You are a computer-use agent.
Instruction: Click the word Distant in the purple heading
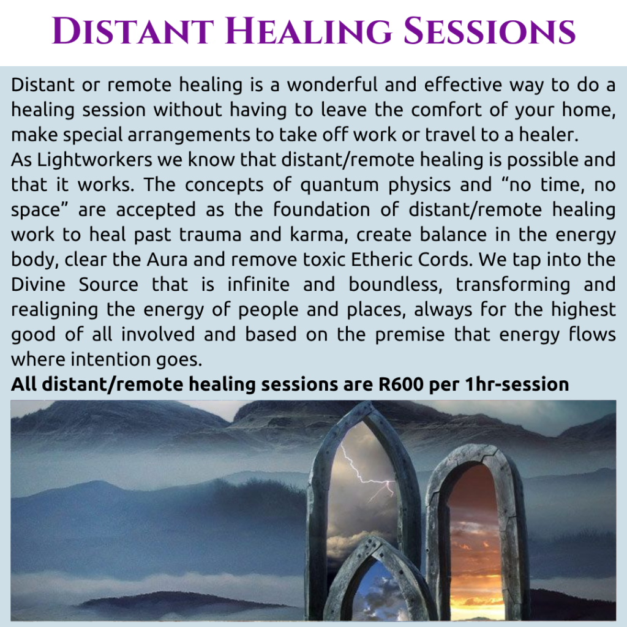point(133,31)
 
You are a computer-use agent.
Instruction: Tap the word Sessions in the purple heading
point(489,31)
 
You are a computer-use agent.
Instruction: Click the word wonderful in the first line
point(331,84)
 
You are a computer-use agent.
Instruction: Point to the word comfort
point(446,110)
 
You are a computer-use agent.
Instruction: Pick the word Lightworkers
point(95,160)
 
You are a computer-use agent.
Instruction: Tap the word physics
point(419,185)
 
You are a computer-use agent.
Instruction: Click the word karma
point(318,235)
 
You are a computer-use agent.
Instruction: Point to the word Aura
point(167,260)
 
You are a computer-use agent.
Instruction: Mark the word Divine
point(38,285)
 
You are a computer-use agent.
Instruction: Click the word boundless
point(396,285)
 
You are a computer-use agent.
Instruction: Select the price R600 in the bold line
point(400,385)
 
